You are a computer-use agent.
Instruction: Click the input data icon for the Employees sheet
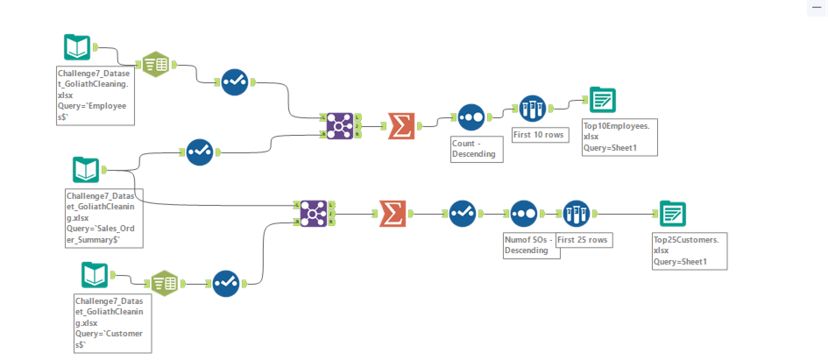click(x=77, y=47)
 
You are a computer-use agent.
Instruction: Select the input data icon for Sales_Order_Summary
click(x=86, y=170)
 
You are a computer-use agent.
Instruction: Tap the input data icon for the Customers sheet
click(x=95, y=275)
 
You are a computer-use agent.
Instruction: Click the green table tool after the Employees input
click(x=156, y=65)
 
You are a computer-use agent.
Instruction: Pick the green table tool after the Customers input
click(x=165, y=284)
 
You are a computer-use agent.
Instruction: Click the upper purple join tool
click(x=340, y=126)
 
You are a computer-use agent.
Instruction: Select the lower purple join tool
click(x=313, y=214)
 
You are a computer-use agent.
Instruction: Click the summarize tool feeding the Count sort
click(x=401, y=126)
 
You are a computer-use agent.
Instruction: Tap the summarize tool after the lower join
click(x=393, y=214)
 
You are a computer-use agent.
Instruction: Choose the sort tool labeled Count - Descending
click(x=471, y=117)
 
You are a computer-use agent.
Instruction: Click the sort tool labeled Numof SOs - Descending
click(x=524, y=214)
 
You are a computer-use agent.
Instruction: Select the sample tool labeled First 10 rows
click(x=533, y=109)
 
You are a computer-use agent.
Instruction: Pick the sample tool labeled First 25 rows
click(x=577, y=214)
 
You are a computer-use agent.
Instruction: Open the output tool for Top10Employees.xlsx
click(x=603, y=100)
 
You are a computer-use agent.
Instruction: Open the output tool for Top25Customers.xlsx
click(x=673, y=214)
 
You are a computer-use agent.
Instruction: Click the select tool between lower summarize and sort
click(x=463, y=214)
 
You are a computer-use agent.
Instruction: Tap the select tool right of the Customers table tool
click(x=226, y=284)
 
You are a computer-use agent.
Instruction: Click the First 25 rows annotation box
click(x=584, y=240)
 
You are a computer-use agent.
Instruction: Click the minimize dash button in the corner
click(x=817, y=7)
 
